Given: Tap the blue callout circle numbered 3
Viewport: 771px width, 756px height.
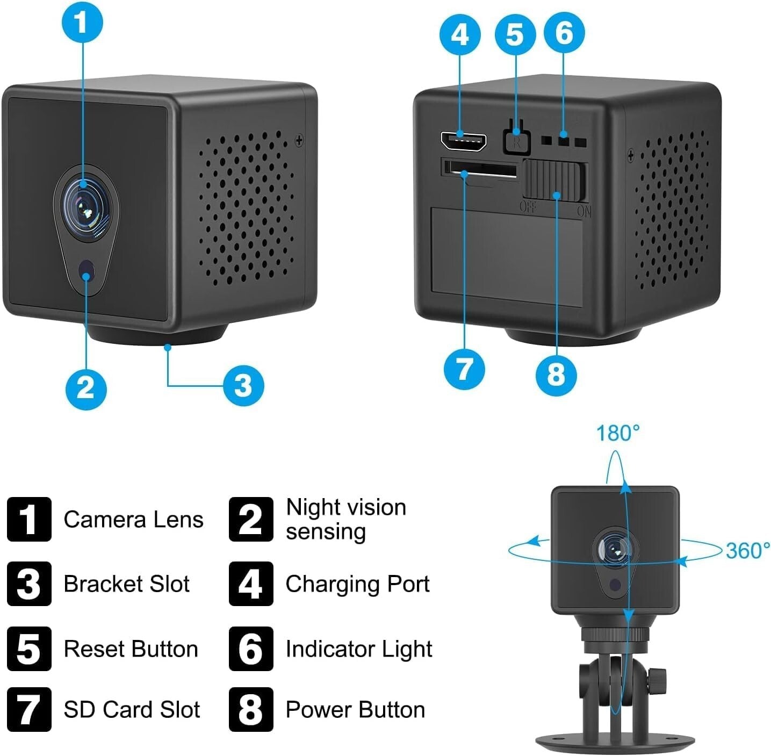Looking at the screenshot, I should point(243,385).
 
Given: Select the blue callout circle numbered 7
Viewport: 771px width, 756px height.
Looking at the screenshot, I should point(464,369).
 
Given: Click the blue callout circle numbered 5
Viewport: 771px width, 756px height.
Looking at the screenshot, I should point(514,34).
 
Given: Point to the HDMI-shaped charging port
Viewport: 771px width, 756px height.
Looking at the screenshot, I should point(463,141).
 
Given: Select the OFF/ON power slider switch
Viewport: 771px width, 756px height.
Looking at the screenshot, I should point(553,181).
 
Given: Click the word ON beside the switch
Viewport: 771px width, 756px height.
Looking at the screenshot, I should point(584,211).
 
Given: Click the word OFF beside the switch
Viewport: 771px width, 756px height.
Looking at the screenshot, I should point(528,207).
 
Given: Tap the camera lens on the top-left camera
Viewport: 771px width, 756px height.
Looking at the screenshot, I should point(84,203).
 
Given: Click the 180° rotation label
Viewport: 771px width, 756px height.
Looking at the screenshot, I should point(618,433).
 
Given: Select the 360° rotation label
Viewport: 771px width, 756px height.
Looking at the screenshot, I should point(747,550).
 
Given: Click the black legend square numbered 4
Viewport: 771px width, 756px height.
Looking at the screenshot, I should point(250,584).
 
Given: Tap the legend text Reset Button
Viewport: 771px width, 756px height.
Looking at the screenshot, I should point(131,649).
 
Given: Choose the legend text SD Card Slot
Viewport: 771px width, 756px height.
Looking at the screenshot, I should point(132,709).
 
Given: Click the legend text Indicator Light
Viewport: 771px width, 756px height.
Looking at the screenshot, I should point(358,649).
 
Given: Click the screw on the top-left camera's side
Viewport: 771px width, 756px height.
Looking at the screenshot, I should point(299,141).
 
